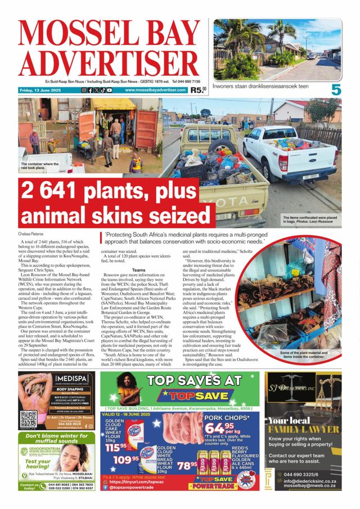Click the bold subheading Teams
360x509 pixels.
138,270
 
